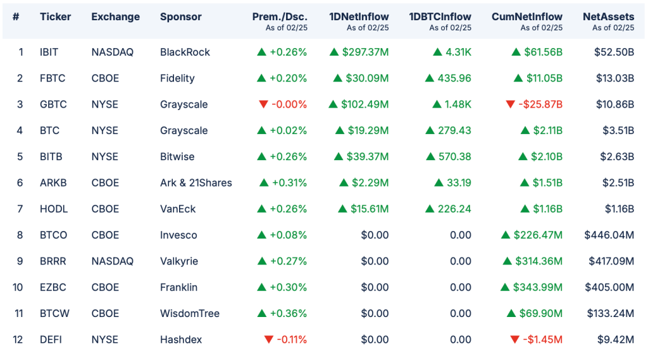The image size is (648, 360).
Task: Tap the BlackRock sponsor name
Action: [185, 52]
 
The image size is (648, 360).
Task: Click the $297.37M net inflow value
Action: [367, 52]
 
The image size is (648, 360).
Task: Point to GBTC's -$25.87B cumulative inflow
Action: [541, 104]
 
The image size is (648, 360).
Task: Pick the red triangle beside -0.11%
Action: [269, 340]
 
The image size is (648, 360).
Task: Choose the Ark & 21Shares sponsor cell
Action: [196, 183]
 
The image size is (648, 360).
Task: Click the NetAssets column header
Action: [608, 16]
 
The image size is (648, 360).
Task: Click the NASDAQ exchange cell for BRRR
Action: [113, 261]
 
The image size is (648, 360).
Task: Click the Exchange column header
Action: [115, 16]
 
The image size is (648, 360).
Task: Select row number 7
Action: [20, 209]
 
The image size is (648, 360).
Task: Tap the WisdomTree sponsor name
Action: [190, 314]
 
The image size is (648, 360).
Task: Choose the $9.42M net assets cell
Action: [616, 340]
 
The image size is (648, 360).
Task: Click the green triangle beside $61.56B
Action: [516, 52]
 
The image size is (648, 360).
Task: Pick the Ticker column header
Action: [56, 16]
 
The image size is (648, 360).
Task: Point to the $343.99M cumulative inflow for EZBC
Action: [539, 287]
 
